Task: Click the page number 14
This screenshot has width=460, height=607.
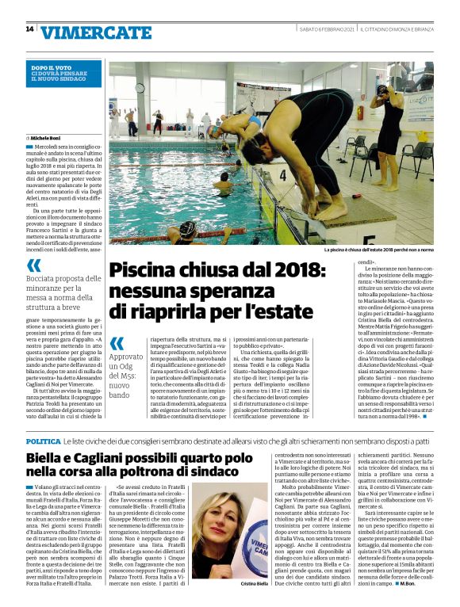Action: (x=29, y=29)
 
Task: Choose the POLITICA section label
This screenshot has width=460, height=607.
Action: (x=44, y=440)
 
